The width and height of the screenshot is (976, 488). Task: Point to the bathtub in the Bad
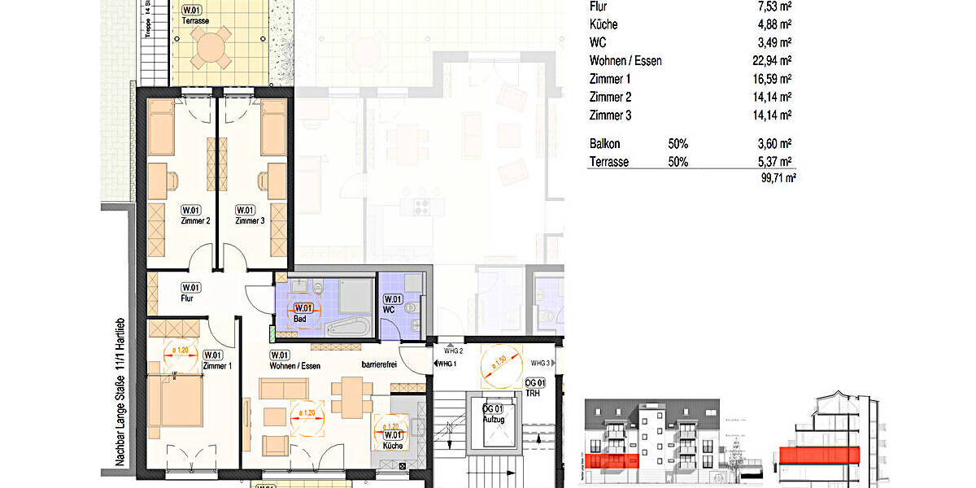point(348,328)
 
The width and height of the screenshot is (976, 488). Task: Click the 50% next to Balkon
point(678,144)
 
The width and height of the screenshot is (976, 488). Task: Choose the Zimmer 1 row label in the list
point(610,79)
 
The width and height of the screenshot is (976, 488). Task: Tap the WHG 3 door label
point(541,364)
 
